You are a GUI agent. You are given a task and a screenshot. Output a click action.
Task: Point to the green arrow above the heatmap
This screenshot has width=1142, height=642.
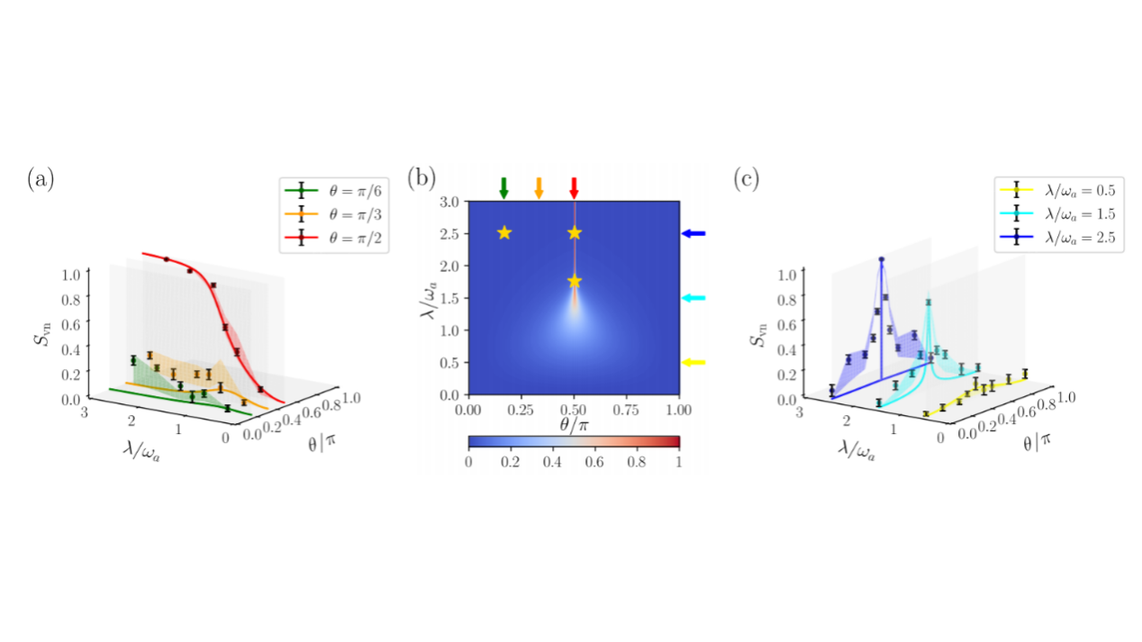[503, 187]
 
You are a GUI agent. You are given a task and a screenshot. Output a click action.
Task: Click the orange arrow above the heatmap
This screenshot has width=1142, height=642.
[539, 187]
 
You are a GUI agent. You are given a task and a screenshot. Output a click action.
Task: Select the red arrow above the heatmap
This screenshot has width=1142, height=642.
[575, 187]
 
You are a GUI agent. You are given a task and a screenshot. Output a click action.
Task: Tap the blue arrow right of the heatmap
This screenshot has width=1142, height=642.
[693, 233]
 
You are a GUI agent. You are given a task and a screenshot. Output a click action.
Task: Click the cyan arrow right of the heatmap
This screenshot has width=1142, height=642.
[693, 298]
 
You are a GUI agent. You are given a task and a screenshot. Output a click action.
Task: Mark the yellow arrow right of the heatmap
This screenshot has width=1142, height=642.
[693, 363]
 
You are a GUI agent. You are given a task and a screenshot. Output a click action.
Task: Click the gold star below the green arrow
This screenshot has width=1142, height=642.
[503, 233]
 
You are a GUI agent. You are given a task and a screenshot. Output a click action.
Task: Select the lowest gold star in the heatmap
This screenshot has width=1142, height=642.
[575, 282]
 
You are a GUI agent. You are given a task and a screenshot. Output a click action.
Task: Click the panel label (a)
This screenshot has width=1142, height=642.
[41, 178]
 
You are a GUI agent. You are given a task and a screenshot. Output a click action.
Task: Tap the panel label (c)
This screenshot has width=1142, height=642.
[750, 178]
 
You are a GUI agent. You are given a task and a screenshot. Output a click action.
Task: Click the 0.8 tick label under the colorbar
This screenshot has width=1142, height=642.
[638, 460]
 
